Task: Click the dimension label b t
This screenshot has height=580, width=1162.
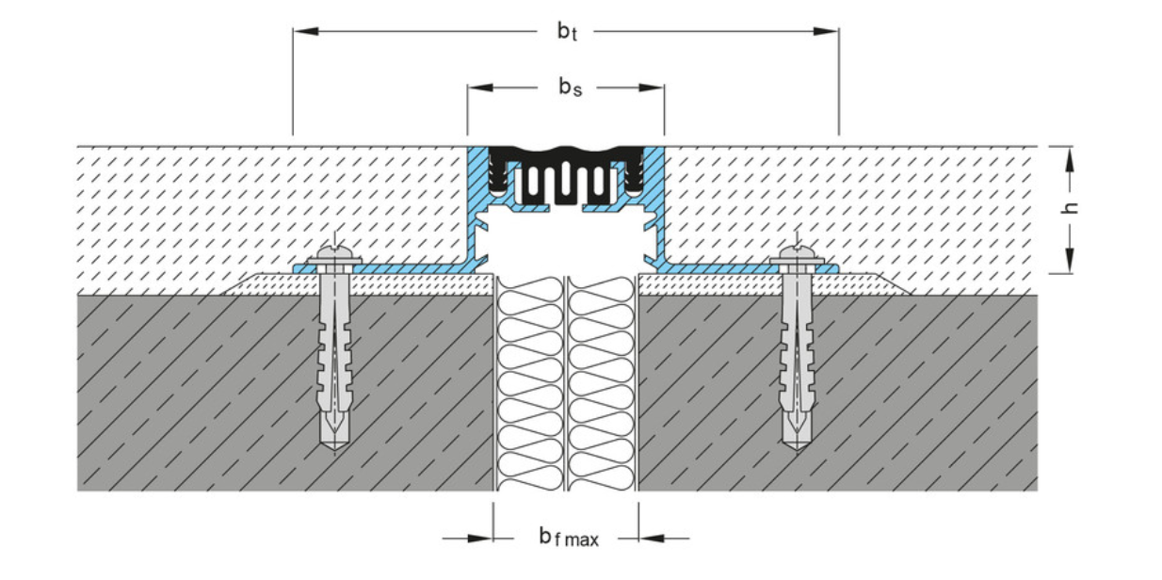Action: [565, 31]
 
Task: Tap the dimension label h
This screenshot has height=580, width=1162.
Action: [1069, 209]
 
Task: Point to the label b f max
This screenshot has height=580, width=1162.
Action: [568, 538]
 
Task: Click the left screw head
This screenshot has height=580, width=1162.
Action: [334, 254]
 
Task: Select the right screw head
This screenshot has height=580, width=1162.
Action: [797, 254]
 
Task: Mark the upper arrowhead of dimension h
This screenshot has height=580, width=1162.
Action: [1069, 156]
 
